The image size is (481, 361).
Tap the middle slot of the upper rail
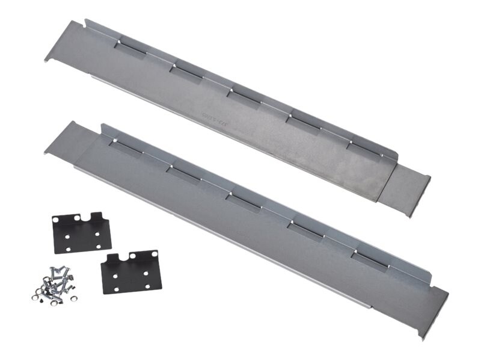(244, 93)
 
